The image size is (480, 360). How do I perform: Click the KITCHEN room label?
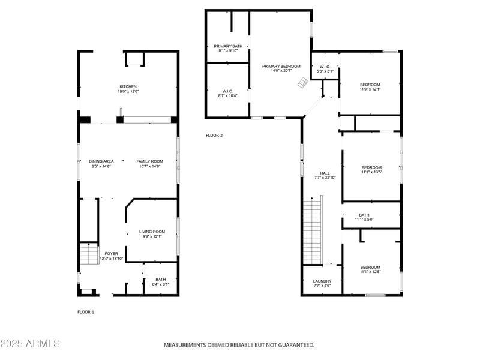[128, 86]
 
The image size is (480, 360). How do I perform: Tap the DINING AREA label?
[101, 161]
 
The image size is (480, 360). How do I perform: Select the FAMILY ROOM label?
[149, 161]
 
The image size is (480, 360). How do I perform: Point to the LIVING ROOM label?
[152, 232]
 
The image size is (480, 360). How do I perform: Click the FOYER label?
[111, 253]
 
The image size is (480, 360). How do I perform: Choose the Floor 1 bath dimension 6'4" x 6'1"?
[160, 284]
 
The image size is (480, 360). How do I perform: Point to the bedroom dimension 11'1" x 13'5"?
[371, 172]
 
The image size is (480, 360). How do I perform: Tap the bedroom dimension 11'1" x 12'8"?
[370, 272]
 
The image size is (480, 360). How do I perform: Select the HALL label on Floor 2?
[325, 173]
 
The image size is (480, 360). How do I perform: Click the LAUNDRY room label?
[322, 281]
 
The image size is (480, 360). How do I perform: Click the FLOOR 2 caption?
[214, 136]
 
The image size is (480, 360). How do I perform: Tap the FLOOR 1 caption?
[86, 312]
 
